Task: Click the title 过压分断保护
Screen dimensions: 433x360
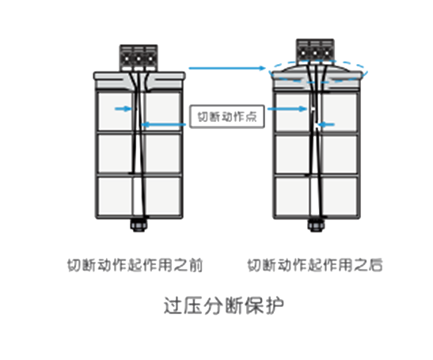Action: pyautogui.click(x=224, y=305)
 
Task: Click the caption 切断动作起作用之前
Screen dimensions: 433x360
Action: pyautogui.click(x=135, y=265)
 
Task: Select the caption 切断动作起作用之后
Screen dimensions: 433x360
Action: pyautogui.click(x=315, y=265)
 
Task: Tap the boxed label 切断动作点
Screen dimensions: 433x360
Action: pyautogui.click(x=227, y=116)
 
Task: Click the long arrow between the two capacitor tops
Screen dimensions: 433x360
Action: pyautogui.click(x=227, y=68)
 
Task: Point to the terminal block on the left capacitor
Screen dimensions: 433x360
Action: pyautogui.click(x=139, y=58)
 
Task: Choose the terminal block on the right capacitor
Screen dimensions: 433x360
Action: pyautogui.click(x=315, y=51)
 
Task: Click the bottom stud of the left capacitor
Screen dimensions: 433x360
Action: pyautogui.click(x=139, y=225)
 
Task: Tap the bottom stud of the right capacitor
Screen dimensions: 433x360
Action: pyautogui.click(x=316, y=225)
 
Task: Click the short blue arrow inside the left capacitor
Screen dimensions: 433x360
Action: pyautogui.click(x=123, y=108)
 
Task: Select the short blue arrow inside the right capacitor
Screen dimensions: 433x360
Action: pyautogui.click(x=327, y=125)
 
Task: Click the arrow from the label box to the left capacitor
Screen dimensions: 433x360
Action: pyautogui.click(x=164, y=124)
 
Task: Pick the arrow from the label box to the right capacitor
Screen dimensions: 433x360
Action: pyautogui.click(x=287, y=108)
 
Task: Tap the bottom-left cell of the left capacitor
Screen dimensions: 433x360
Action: pyautogui.click(x=116, y=195)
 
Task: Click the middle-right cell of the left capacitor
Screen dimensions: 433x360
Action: pyautogui.click(x=162, y=153)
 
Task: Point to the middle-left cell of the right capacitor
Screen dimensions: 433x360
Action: pyautogui.click(x=292, y=154)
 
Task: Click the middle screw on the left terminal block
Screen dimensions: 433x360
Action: pyautogui.click(x=139, y=59)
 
